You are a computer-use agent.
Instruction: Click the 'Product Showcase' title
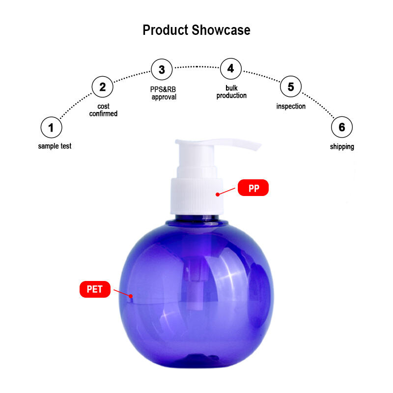[196, 30]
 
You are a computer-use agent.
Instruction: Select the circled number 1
[51, 127]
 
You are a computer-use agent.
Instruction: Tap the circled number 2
[103, 87]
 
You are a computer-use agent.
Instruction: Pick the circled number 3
[162, 69]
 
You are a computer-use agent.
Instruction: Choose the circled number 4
[231, 69]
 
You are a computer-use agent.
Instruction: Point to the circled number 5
[291, 86]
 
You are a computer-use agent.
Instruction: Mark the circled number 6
[342, 127]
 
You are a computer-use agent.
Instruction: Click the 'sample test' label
[55, 146]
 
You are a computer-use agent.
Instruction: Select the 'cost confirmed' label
[103, 110]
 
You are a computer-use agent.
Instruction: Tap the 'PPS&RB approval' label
[163, 93]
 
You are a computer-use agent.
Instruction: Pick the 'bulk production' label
[231, 92]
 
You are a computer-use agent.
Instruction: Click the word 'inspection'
[291, 106]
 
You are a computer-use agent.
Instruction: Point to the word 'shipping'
[342, 146]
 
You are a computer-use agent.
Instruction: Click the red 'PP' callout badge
[253, 188]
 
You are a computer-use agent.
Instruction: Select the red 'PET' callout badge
[95, 289]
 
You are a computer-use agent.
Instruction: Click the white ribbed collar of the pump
[197, 196]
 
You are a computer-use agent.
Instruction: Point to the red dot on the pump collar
[218, 194]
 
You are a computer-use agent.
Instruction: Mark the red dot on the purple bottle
[131, 296]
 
